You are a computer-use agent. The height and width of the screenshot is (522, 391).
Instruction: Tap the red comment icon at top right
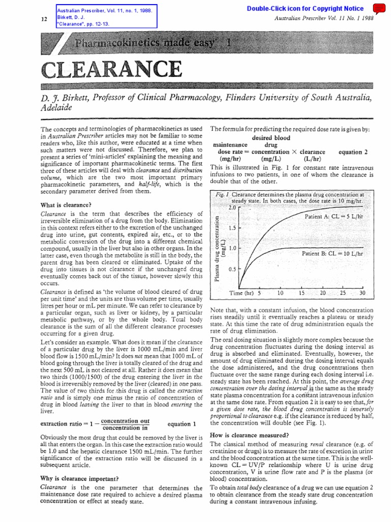tap(379, 8)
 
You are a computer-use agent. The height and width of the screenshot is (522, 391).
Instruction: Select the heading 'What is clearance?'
tap(65, 205)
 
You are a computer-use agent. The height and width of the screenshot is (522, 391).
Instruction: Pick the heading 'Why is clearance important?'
tap(79, 478)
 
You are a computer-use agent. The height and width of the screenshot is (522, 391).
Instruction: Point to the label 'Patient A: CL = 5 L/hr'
tap(334, 217)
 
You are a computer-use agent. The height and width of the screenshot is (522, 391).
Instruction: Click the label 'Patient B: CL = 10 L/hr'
tap(332, 253)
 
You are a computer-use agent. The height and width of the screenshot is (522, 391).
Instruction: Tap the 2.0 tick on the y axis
tap(232, 208)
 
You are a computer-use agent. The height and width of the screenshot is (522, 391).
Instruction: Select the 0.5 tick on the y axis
tap(232, 269)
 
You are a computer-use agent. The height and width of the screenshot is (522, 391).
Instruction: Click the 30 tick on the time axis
tap(362, 293)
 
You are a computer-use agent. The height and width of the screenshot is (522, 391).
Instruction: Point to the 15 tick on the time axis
tap(301, 293)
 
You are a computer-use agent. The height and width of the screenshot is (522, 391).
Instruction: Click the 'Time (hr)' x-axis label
tap(241, 293)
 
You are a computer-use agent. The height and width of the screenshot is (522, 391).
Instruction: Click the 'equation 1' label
tap(181, 424)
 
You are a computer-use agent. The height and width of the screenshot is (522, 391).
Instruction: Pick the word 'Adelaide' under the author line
tap(55, 108)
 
